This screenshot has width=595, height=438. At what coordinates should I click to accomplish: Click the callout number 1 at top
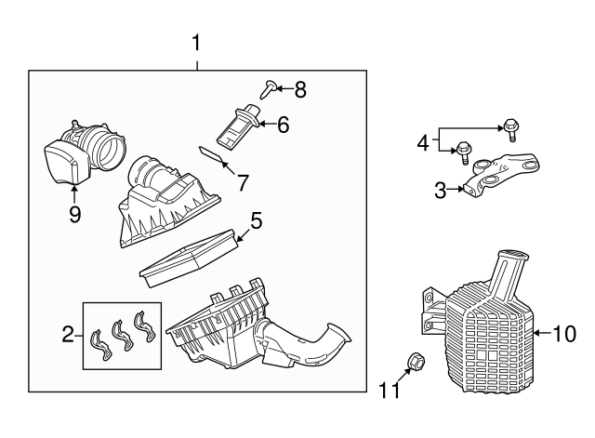196,42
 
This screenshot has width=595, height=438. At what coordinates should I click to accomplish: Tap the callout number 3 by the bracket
441,191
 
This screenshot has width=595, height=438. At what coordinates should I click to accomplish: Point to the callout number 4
424,143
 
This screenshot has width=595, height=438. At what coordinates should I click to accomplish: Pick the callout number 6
283,122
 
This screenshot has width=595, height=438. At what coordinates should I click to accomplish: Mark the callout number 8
298,89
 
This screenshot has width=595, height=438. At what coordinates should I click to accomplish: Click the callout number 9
74,215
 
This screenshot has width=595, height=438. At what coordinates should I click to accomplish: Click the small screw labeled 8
267,89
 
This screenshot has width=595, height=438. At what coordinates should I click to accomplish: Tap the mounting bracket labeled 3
502,173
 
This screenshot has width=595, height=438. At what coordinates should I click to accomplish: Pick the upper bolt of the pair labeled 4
510,126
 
